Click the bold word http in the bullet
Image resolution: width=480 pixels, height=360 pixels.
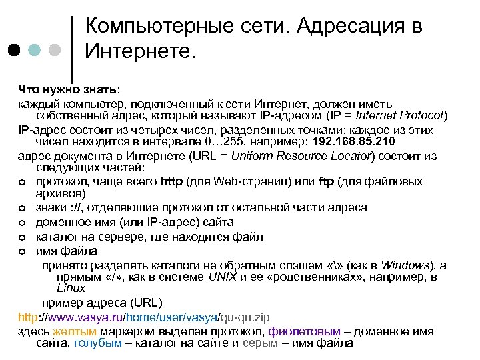point(171,181)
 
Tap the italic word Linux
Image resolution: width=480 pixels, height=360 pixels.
point(71,289)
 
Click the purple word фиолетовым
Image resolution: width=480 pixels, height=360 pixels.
point(304,331)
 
